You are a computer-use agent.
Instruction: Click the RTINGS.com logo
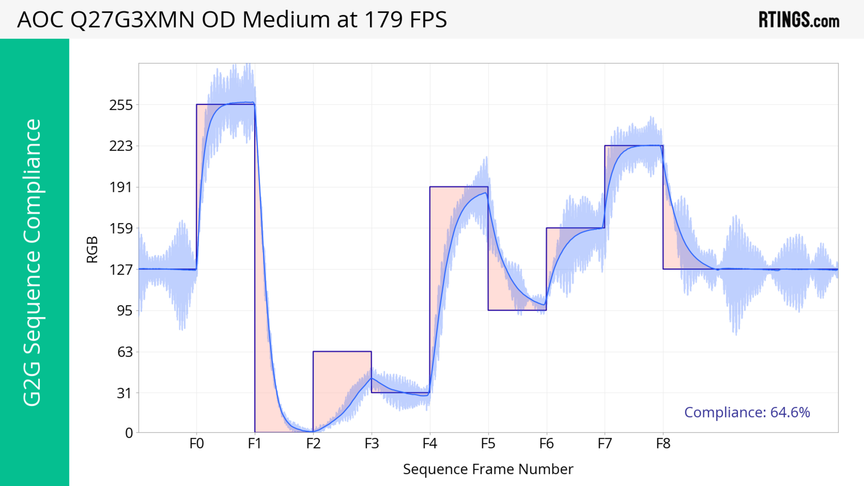pos(799,20)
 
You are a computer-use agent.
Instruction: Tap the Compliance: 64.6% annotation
pos(747,412)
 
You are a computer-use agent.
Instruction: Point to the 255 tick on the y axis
pos(121,105)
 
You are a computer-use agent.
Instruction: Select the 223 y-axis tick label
pos(121,146)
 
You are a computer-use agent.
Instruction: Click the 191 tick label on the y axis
pos(121,187)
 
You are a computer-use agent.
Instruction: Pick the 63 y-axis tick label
pos(125,352)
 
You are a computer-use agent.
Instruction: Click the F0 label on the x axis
pos(197,444)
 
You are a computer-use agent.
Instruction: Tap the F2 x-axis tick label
pos(313,444)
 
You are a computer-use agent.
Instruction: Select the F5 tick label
pos(488,444)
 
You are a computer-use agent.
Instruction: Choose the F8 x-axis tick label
pos(663,444)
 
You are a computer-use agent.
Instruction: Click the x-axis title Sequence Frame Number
pos(488,469)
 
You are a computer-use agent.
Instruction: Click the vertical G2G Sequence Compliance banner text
pos(33,262)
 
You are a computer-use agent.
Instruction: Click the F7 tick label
pos(605,444)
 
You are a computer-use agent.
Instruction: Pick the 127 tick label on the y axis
pos(121,269)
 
